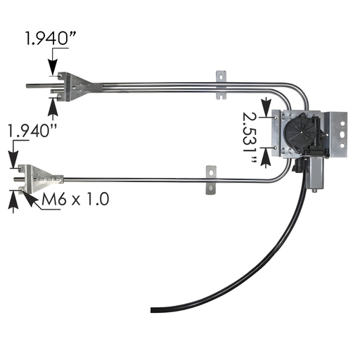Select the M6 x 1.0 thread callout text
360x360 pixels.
(75, 199)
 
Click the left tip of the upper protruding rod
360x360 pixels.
(28, 87)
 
